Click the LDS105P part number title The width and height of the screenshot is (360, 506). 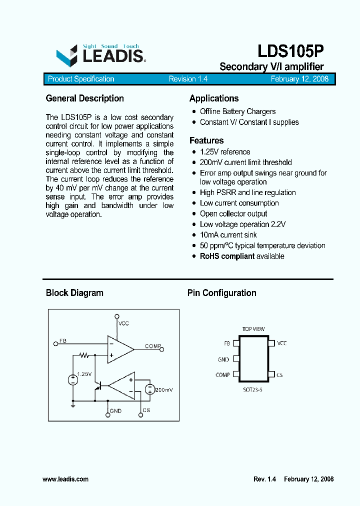point(291,51)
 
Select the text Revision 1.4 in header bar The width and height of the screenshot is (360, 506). point(188,79)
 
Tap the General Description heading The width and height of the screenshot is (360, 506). point(84,98)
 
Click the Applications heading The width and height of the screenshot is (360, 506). point(214,98)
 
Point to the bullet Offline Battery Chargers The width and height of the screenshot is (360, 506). point(237,111)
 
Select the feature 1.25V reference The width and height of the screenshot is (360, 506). point(225,152)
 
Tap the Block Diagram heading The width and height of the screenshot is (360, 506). point(74,293)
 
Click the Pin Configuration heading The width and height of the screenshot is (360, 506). point(222,293)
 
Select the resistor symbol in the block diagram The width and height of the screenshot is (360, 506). point(84,355)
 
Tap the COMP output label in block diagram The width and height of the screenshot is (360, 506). point(152,346)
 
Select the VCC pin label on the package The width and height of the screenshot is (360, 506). point(282,343)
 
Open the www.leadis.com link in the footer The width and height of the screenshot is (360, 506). point(65,479)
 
